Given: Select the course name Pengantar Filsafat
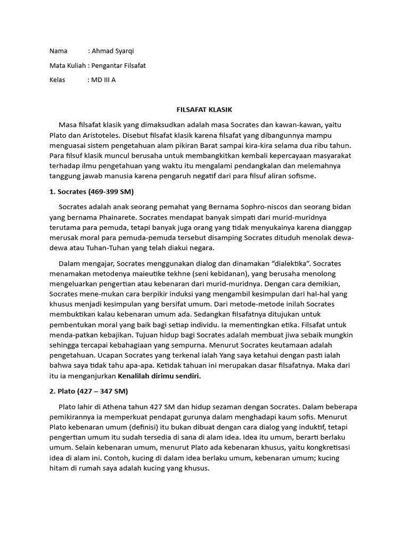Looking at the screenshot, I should pyautogui.click(x=119, y=65).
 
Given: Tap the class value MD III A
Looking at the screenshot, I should pyautogui.click(x=104, y=80).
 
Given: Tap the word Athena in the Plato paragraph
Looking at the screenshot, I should pyautogui.click(x=105, y=407).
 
